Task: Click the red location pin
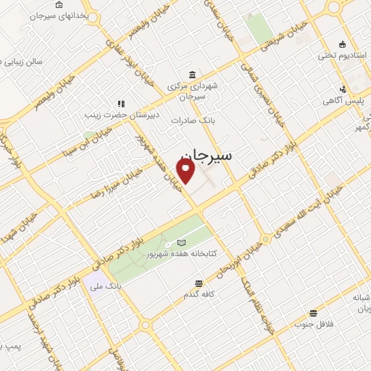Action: point(186,170)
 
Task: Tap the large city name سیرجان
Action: point(205,156)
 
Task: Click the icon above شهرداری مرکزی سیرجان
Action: point(191,75)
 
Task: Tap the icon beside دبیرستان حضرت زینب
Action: point(121,104)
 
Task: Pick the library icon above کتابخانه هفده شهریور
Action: point(181,242)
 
